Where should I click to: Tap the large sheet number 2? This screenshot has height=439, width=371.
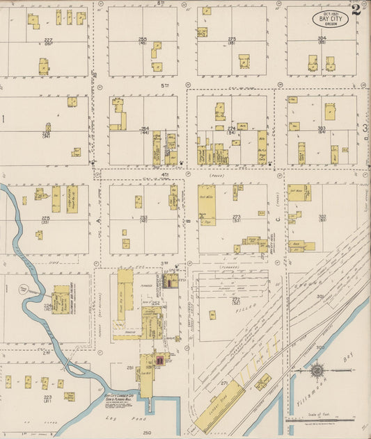[356, 9]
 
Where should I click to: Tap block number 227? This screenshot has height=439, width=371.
[48, 40]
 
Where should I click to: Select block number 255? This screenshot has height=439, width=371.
[143, 40]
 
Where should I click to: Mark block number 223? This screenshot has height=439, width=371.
[47, 398]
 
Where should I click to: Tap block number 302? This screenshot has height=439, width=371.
[322, 217]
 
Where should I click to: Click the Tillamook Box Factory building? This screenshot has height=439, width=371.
[61, 300]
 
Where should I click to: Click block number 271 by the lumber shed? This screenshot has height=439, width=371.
[224, 383]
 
